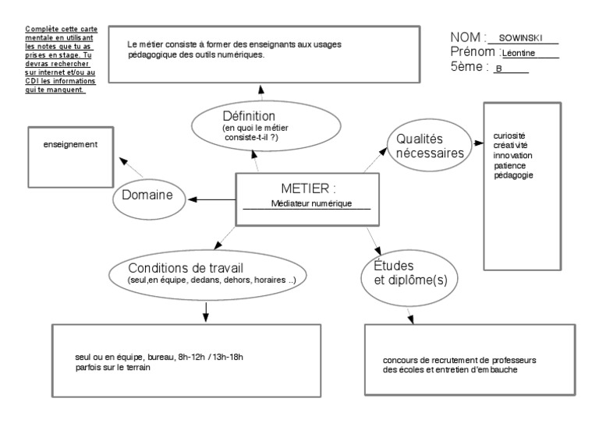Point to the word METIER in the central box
299,189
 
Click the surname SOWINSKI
520,38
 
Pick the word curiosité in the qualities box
511,137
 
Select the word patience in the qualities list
510,165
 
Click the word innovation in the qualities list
512,156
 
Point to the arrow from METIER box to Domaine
211,200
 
